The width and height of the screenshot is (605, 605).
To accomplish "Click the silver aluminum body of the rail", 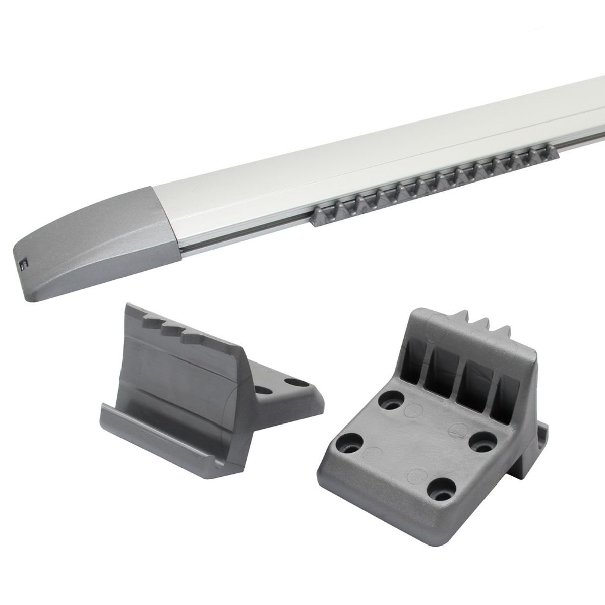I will pyautogui.click(x=353, y=166).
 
